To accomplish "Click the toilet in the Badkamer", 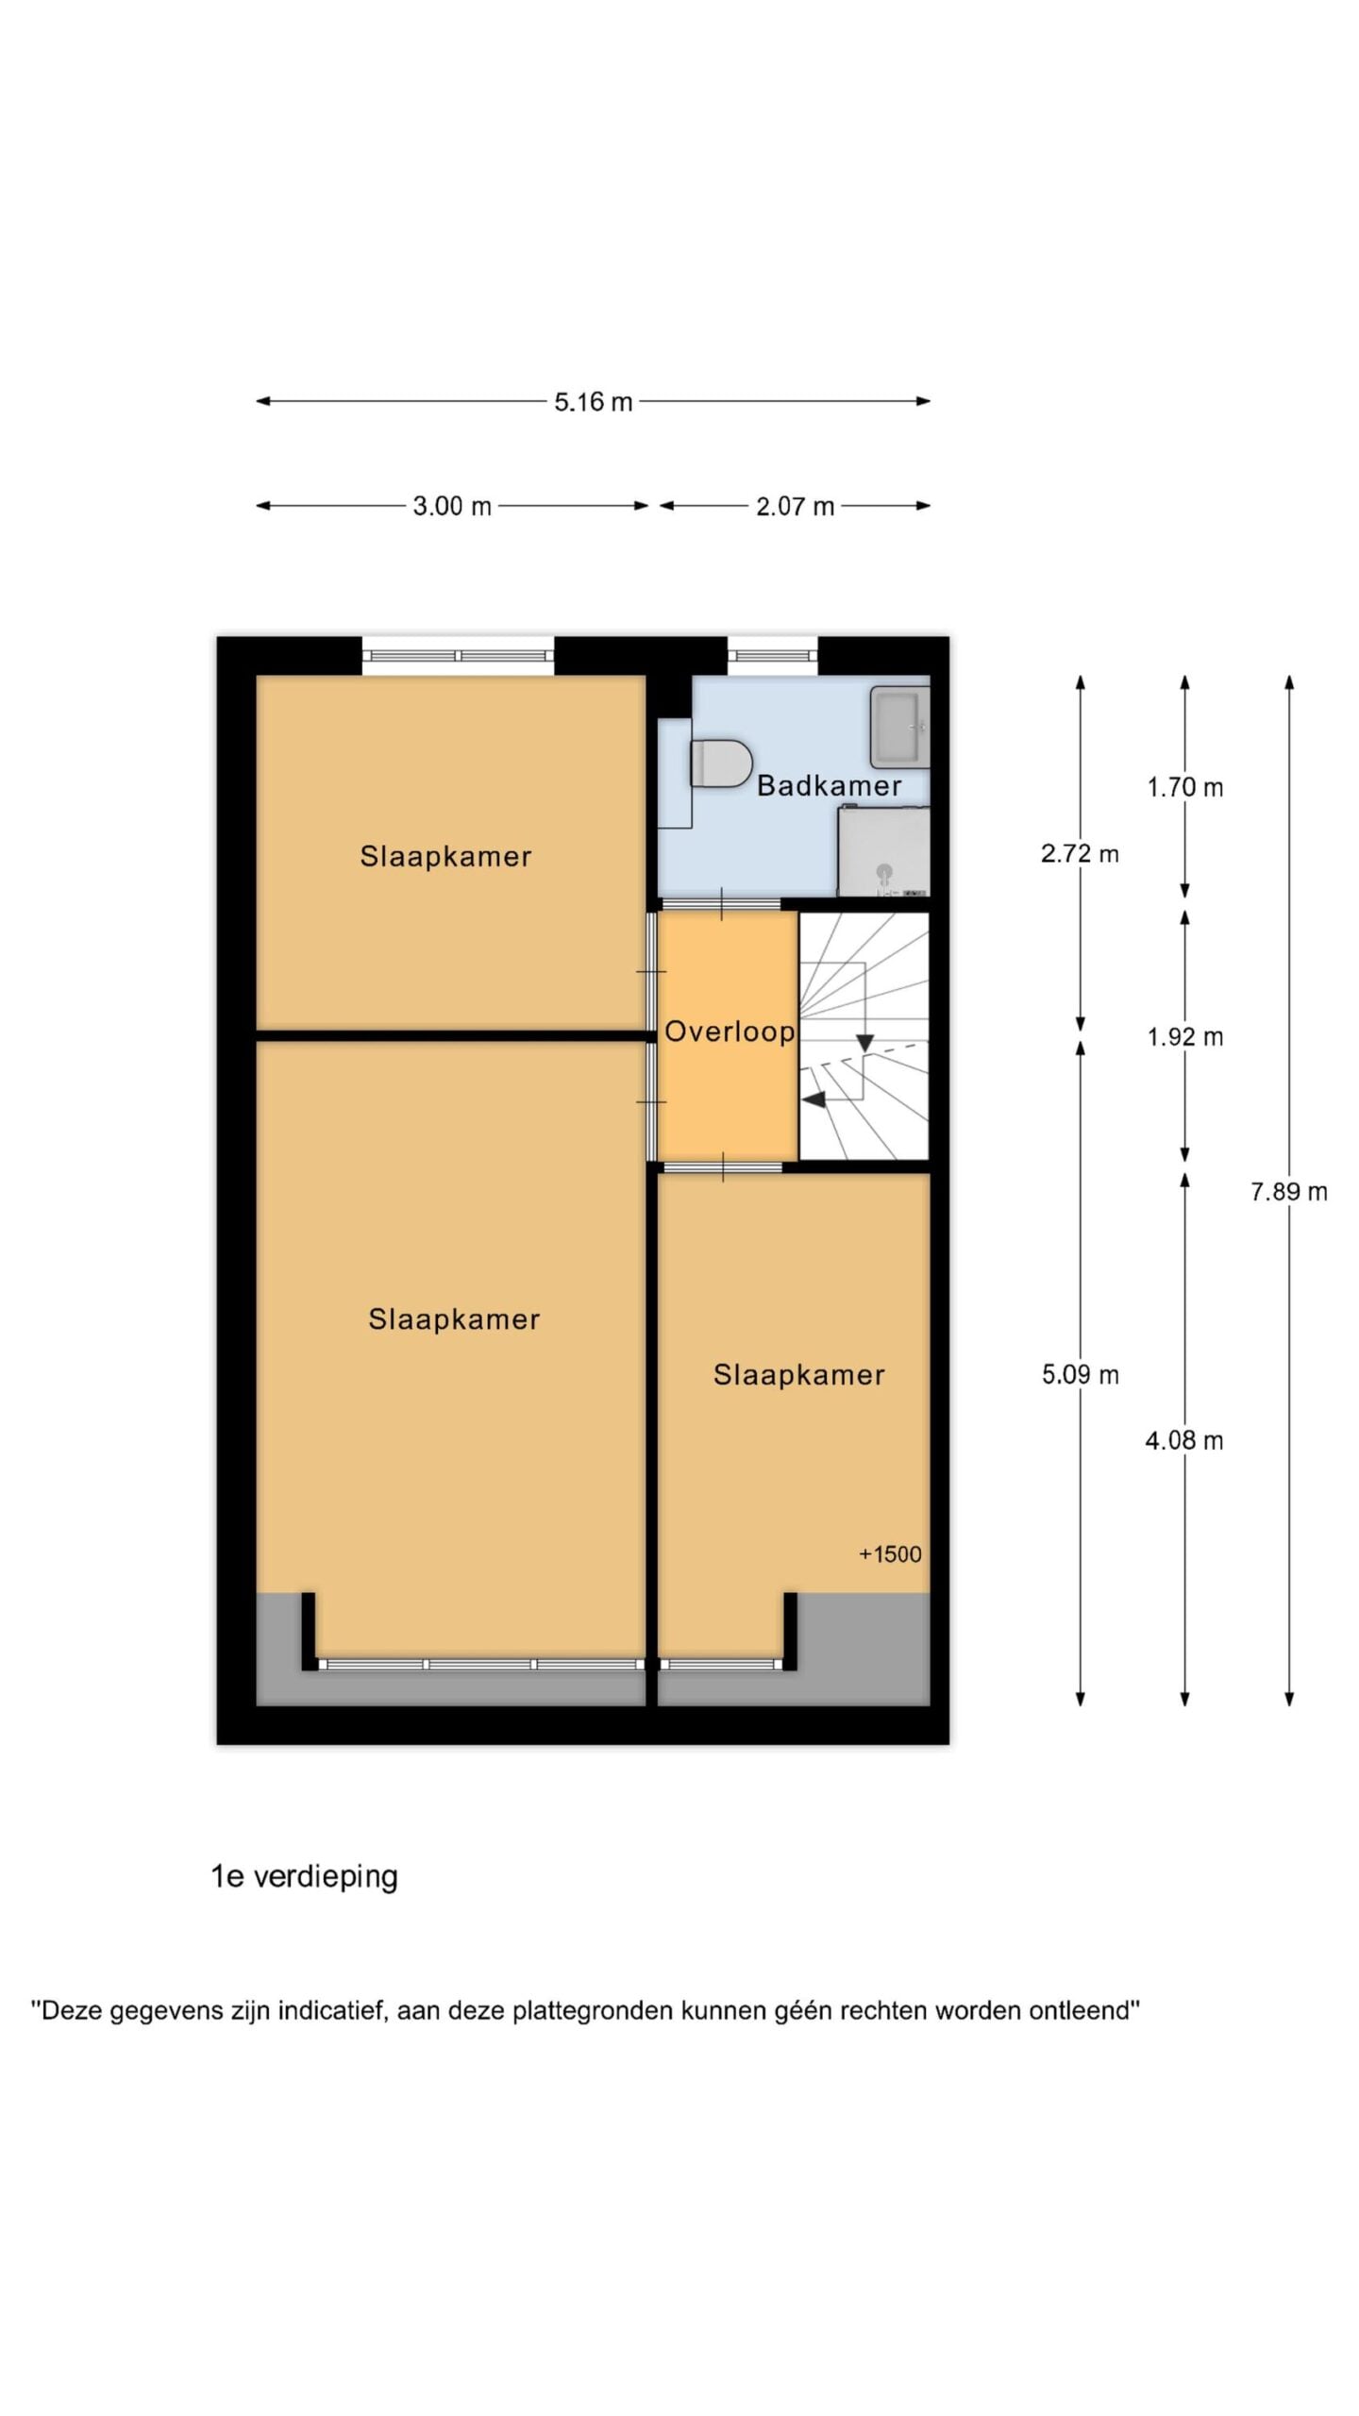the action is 721,763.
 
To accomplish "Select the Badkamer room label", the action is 829,785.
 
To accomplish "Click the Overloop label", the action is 730,1031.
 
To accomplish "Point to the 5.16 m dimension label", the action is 593,402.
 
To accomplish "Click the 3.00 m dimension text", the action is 452,507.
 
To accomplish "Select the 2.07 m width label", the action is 795,507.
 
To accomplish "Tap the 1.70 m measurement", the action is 1184,787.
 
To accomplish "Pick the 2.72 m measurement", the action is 1080,854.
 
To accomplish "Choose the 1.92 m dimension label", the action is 1184,1037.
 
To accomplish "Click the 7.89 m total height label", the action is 1288,1192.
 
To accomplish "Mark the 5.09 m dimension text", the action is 1080,1374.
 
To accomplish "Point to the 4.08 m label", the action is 1184,1440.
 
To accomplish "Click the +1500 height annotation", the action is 890,1554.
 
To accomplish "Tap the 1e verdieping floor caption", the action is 304,1877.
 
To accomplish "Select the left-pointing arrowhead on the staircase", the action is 814,1099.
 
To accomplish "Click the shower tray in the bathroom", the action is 884,851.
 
